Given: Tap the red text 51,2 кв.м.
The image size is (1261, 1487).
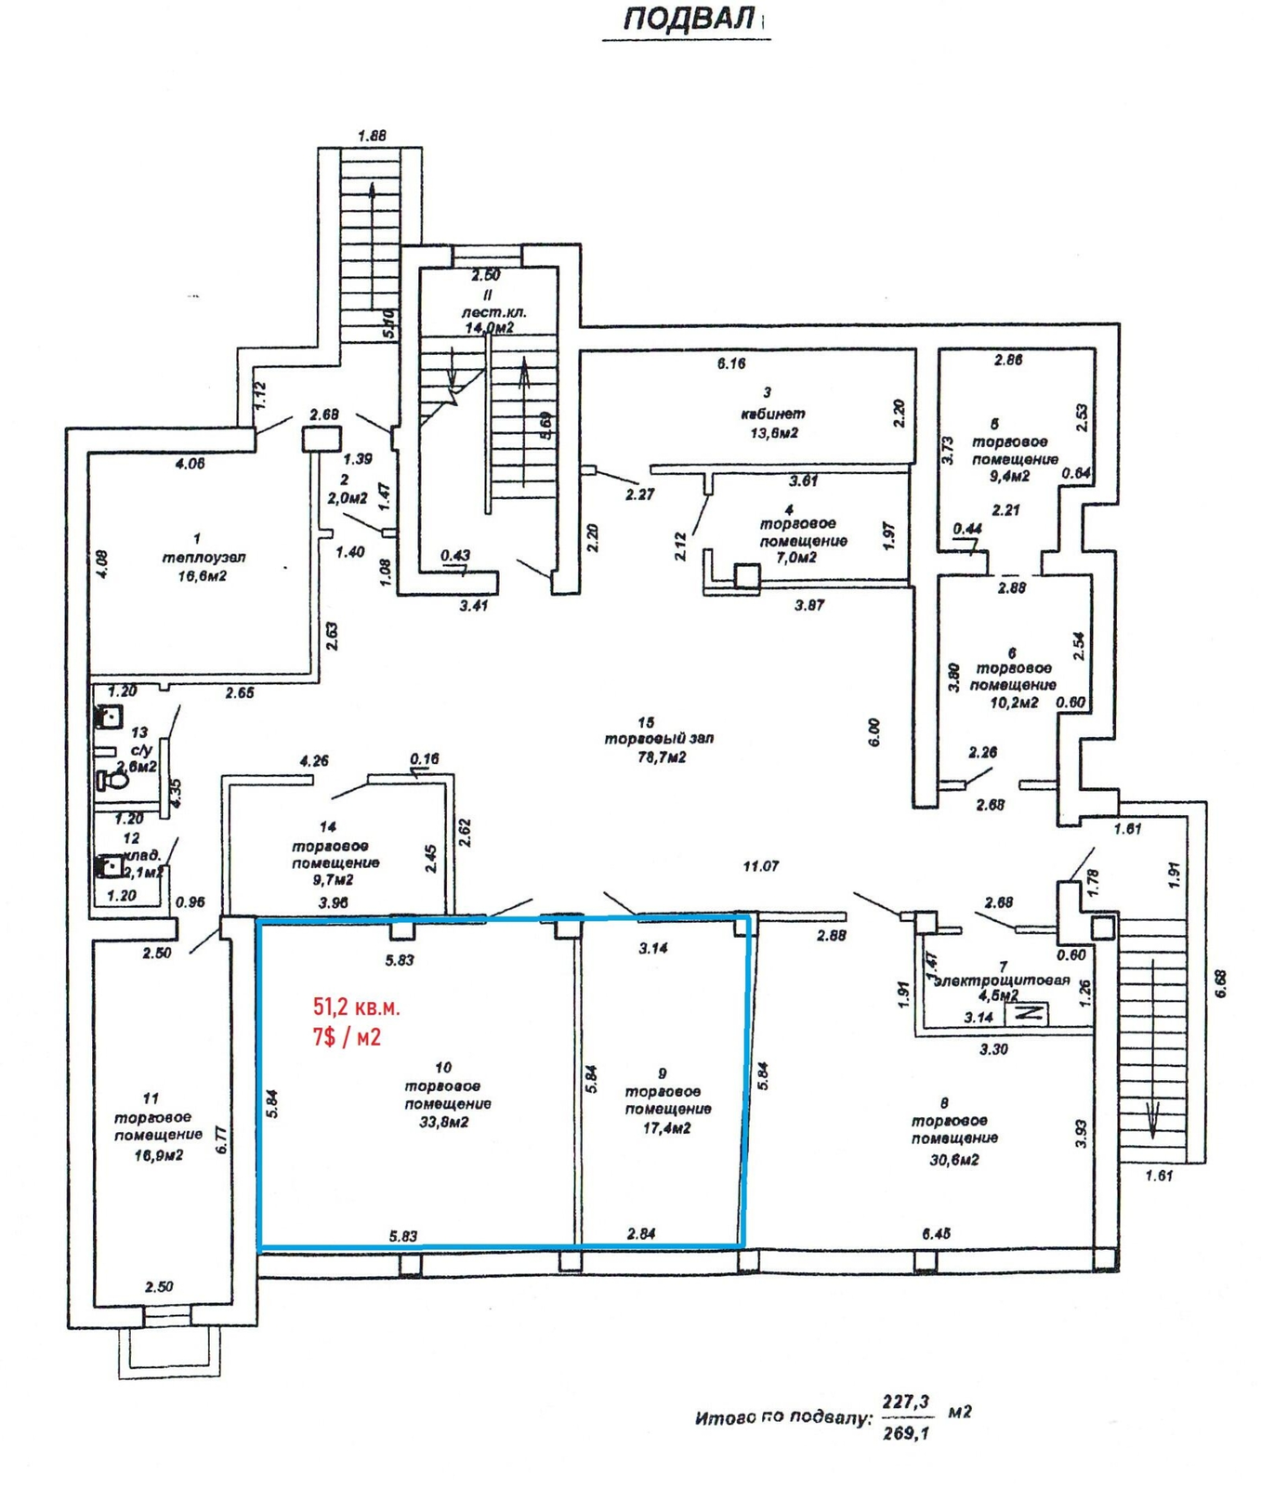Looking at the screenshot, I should (357, 1007).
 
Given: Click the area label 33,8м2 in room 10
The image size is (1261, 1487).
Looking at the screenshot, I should (448, 1122).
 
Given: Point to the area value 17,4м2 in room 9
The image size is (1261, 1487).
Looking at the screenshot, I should (666, 1127).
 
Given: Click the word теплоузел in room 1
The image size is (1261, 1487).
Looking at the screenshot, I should (204, 558).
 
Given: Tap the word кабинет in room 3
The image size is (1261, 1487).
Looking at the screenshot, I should (773, 414).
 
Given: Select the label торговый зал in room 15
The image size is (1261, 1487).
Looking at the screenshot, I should (659, 739).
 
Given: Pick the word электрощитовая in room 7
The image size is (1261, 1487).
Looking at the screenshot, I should (1003, 980).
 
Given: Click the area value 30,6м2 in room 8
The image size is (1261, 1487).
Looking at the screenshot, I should (953, 1159).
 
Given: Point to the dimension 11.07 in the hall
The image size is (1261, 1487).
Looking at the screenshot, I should (760, 866).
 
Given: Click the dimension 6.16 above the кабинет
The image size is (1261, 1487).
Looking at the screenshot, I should (731, 363).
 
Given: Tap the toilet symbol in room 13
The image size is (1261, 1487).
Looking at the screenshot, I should (112, 779).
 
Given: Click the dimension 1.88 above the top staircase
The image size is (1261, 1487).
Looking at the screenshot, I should (372, 136).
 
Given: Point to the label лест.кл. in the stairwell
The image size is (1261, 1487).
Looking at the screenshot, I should (493, 312).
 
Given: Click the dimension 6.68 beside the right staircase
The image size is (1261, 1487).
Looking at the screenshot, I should (1220, 984).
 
